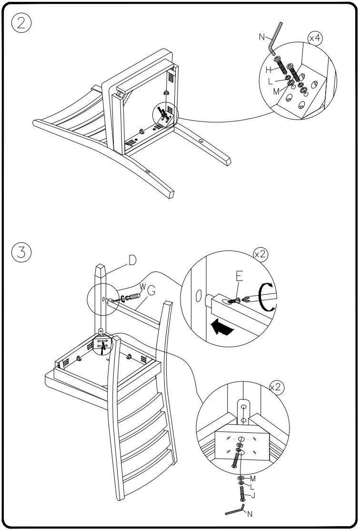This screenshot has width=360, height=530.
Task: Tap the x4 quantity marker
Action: (x=315, y=38)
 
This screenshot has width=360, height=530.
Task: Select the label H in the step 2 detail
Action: (x=269, y=70)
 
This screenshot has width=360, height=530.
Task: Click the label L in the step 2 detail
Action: (x=270, y=81)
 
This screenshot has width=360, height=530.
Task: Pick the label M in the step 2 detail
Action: (x=276, y=91)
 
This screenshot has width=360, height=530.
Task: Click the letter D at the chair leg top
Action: (x=132, y=260)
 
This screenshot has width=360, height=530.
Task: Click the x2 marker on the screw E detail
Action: (x=260, y=254)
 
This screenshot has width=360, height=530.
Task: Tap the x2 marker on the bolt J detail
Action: (x=276, y=388)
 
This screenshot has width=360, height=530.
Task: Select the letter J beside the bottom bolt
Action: (x=253, y=496)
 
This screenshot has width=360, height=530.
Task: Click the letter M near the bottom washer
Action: (x=253, y=478)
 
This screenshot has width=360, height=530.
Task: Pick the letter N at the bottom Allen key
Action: (x=250, y=514)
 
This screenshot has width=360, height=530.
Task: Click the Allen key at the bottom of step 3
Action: (x=235, y=510)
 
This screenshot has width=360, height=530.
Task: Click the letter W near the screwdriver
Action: (x=141, y=286)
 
